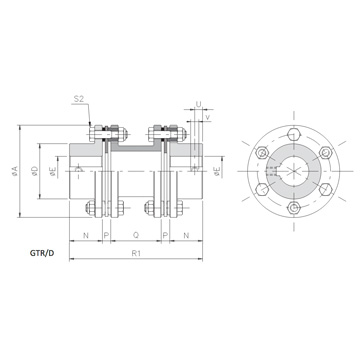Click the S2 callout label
79,99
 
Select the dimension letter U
198,104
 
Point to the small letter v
208,117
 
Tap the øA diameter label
15,171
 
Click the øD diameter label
35,171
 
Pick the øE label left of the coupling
53,171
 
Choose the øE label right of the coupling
217,171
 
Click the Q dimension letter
136,235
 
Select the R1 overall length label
135,253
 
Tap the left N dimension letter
86,235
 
